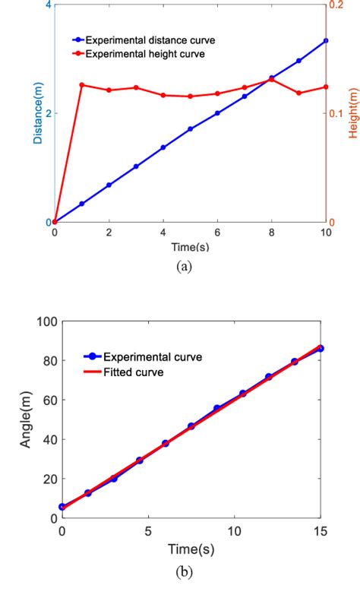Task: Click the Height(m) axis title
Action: point(352,113)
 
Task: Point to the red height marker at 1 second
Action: point(82,85)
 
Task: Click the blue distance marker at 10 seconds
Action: point(326,40)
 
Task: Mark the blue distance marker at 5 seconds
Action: point(190,129)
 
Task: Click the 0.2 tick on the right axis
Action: point(337,5)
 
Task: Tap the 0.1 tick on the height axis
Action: point(337,114)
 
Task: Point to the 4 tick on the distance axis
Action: point(49,5)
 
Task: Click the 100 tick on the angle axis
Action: point(46,321)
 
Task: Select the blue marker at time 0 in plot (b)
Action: point(62,507)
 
